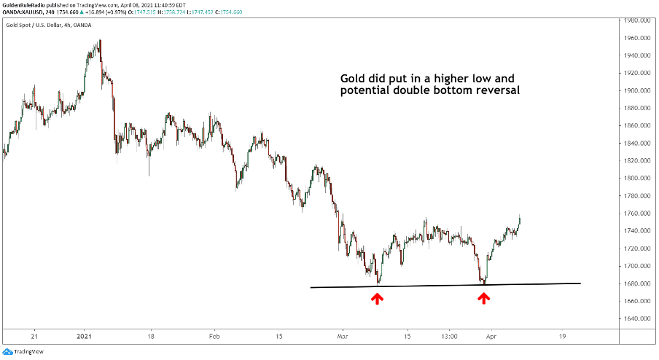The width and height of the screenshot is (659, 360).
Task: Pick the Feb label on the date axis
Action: pos(214,337)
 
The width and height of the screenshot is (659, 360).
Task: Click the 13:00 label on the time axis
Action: pos(449,337)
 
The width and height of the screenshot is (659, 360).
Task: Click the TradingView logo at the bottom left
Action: pos(22,351)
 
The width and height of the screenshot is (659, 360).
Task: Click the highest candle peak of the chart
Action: pos(100,40)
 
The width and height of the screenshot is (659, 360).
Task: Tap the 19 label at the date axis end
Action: pos(562,337)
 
